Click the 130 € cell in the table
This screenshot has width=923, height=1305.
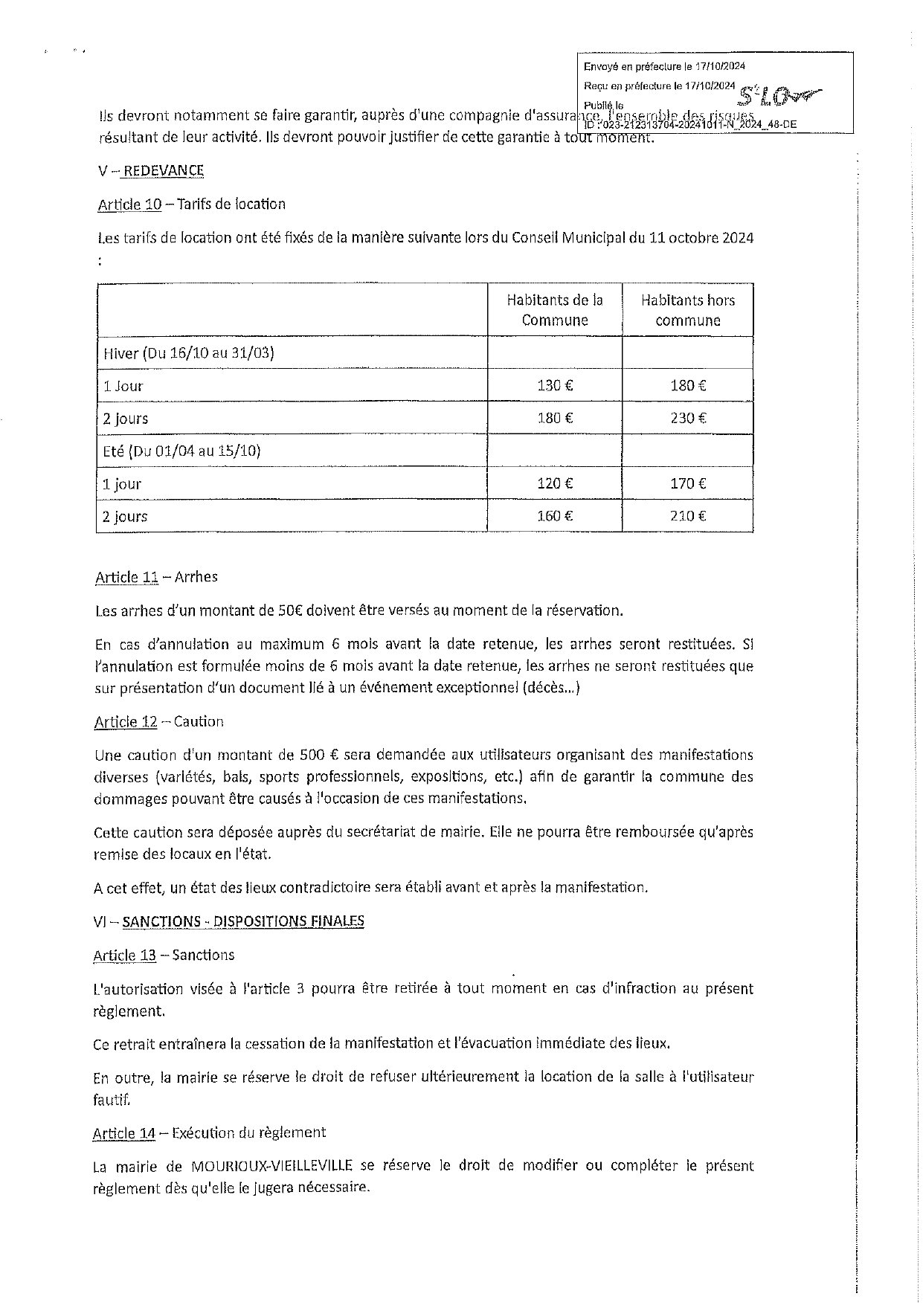click(555, 385)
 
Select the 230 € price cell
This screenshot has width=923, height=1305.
click(688, 418)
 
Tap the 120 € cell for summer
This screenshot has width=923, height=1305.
click(555, 483)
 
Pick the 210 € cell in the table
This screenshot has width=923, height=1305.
click(688, 516)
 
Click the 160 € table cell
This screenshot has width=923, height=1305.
click(555, 516)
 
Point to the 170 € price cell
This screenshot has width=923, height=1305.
click(688, 483)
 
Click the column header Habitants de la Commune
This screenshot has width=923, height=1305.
click(555, 310)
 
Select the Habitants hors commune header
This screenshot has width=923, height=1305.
click(688, 310)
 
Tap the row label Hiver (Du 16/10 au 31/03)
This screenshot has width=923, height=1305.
click(189, 352)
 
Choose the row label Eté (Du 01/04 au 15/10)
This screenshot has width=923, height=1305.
click(182, 451)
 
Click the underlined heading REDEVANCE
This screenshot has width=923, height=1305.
click(164, 170)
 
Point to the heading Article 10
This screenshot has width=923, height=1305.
click(129, 204)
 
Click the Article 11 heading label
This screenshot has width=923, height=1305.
click(127, 577)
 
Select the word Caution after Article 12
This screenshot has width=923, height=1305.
click(199, 721)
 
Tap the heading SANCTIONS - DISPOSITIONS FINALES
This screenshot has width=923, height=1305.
click(243, 921)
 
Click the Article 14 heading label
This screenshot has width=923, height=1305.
click(124, 1133)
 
